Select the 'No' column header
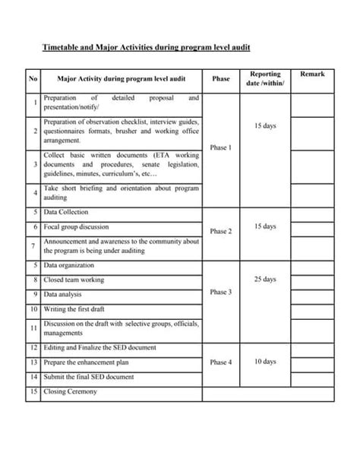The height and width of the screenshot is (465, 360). coord(33,78)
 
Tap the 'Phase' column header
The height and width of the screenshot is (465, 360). coord(221,78)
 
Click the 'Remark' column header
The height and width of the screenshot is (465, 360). coord(311,74)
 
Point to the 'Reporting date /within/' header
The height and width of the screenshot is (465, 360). coord(264,78)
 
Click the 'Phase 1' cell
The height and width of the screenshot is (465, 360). coord(221,147)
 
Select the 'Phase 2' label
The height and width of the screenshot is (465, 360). coord(221,231)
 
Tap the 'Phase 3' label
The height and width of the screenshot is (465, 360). coord(221,292)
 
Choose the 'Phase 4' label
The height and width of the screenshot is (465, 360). coord(221,362)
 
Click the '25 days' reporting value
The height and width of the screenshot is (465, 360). coord(264,280)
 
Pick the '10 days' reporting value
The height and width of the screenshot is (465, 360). coord(264,362)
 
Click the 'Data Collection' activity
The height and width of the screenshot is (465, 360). coord(66,212)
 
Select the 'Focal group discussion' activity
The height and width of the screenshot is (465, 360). coord(76,226)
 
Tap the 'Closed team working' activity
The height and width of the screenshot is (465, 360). coord(74,280)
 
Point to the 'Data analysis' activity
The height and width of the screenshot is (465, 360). coord(64,294)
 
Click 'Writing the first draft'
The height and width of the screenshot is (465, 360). coord(77,309)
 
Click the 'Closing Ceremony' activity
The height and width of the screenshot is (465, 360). coord(71,391)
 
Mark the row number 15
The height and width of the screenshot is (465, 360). coord(33,391)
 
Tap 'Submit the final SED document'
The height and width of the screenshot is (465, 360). coord(89,377)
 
